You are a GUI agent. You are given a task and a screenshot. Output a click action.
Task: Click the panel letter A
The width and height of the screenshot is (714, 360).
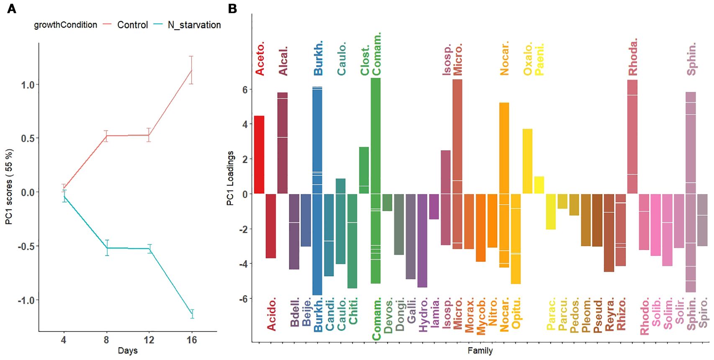[12, 8]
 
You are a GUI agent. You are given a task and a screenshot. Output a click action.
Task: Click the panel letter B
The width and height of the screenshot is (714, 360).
[232, 8]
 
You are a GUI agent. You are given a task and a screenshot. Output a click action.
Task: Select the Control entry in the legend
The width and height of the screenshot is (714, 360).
[132, 25]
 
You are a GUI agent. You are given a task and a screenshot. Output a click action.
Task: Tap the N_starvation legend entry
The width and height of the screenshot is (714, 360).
[194, 25]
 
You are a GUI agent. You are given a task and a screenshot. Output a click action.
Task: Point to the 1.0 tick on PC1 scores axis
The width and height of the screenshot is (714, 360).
[28, 85]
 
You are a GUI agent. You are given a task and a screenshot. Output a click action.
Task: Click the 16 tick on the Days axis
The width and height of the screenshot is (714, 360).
[192, 340]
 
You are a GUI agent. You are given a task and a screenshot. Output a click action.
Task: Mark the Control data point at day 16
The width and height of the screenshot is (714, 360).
[192, 70]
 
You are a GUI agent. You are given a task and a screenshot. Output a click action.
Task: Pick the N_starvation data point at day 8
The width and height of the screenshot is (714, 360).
[107, 248]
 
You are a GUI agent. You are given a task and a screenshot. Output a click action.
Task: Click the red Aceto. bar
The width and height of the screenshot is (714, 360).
[259, 154]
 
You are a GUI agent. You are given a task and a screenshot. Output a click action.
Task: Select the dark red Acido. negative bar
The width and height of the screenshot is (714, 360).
[271, 226]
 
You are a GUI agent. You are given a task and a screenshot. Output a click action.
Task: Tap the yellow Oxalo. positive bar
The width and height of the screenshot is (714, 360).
[528, 161]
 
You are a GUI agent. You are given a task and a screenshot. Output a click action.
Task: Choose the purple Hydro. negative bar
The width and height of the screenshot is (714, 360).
[422, 240]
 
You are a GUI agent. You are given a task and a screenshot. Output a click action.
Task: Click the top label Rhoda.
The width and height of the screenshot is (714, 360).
[632, 57]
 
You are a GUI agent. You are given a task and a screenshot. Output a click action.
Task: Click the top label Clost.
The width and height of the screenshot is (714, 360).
[365, 60]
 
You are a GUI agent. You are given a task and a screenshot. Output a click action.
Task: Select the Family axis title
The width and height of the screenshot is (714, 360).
[480, 350]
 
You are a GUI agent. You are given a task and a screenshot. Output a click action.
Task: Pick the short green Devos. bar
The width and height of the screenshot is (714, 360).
[388, 202]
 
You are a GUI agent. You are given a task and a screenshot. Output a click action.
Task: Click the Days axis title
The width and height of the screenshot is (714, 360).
[128, 350]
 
